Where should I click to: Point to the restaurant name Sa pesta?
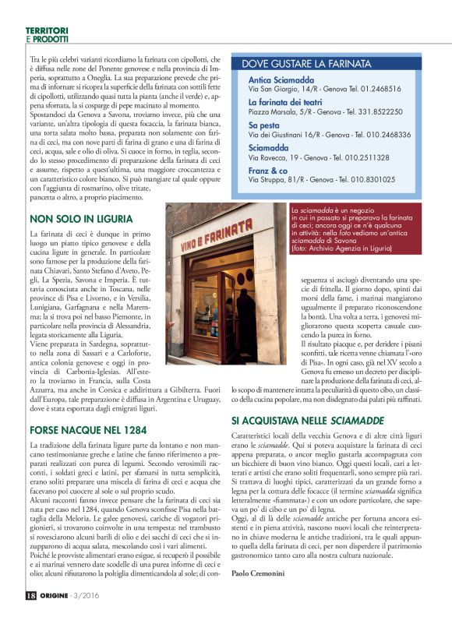[x=263, y=125]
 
